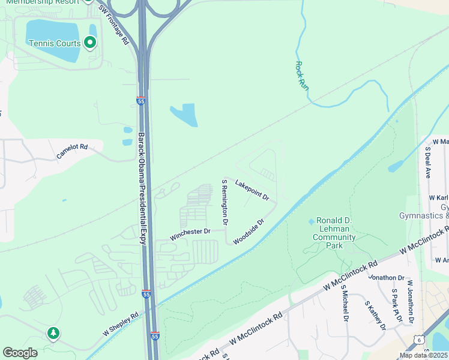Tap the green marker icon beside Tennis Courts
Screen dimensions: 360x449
[90, 42]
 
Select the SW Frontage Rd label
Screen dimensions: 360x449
[114, 26]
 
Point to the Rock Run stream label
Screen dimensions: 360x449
[302, 76]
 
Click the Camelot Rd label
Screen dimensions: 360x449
[72, 151]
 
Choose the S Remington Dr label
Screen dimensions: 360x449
[224, 202]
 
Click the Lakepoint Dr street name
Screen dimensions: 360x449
[252, 190]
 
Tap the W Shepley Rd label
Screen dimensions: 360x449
[120, 323]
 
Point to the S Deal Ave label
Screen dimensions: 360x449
[428, 163]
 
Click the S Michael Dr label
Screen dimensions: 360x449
[345, 303]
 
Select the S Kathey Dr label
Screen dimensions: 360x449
[375, 315]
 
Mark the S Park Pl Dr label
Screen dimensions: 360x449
[396, 307]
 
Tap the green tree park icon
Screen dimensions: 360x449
[53, 332]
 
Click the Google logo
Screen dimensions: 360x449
[20, 353]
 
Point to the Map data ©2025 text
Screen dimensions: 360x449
[423, 355]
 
